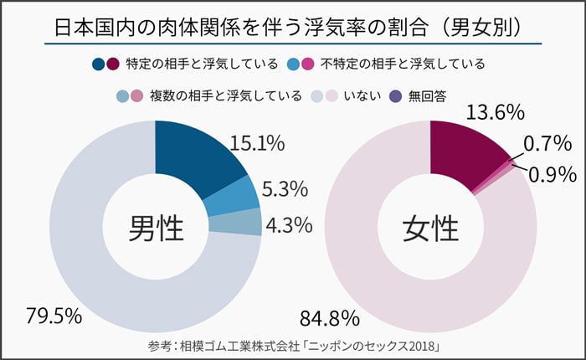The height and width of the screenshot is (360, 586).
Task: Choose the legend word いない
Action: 379,95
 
